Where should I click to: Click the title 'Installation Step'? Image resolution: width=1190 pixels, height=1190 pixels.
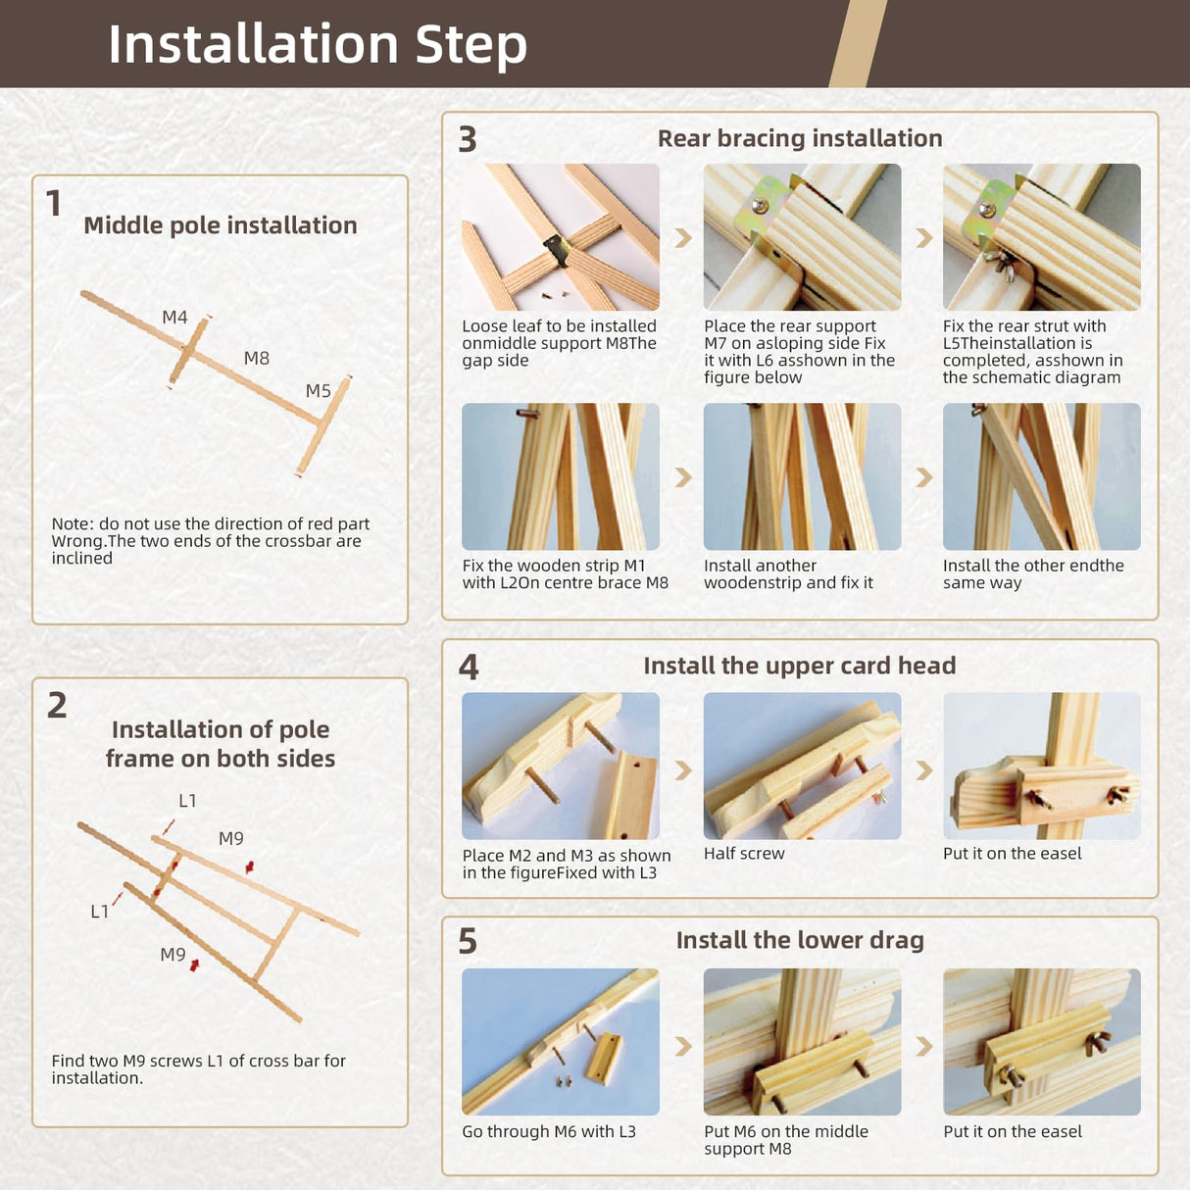coord(318,44)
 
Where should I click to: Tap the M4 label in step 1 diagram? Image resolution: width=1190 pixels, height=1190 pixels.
coord(174,317)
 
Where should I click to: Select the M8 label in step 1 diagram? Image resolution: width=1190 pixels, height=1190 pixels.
coord(256,358)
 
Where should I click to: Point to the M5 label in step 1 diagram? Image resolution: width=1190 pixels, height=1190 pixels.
coord(318,390)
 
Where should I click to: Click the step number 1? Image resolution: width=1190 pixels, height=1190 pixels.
coord(54,204)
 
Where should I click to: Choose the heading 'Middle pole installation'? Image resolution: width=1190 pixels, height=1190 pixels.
coord(221,225)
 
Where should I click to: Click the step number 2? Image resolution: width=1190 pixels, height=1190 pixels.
coord(57,706)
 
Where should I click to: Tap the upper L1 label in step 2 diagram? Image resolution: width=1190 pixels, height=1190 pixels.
coord(187,801)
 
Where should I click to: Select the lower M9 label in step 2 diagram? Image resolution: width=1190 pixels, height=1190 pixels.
coord(173,955)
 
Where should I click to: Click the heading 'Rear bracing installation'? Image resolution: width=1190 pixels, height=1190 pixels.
coord(800,138)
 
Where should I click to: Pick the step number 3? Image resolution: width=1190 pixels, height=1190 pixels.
coord(468,139)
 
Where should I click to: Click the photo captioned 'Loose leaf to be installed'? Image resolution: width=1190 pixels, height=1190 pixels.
coord(561,237)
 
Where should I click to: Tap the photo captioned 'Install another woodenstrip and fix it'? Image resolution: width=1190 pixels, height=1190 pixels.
coord(802,476)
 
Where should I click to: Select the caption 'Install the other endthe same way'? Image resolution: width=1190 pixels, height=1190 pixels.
coord(1033,574)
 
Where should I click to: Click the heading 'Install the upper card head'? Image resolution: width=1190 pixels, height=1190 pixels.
coord(800,666)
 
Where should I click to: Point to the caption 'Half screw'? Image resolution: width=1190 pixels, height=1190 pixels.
coord(744,854)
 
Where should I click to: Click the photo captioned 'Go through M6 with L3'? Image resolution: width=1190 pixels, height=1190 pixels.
coord(561,1042)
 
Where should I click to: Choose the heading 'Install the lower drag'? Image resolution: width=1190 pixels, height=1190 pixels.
coord(800,940)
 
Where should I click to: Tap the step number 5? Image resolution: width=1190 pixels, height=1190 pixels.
coord(468,942)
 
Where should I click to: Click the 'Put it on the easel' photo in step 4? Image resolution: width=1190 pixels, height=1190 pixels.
coord(1041,766)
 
